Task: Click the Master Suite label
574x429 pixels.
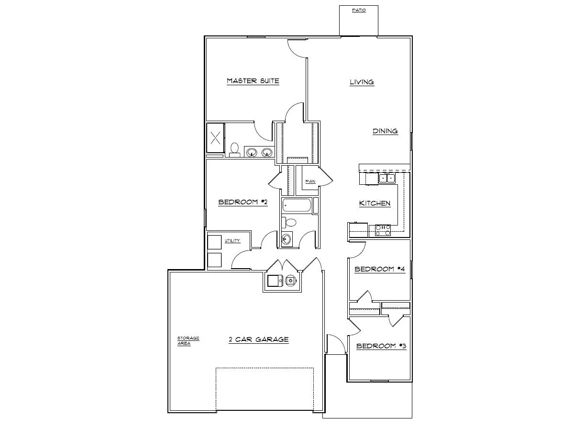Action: [x=253, y=81]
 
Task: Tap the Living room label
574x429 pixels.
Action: [x=362, y=82]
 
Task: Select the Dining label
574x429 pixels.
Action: [x=385, y=131]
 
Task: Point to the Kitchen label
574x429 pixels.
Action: [x=375, y=203]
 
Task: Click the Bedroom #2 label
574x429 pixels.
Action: [x=243, y=202]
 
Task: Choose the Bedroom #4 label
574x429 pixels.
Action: [x=380, y=269]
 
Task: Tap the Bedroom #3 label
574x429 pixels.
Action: [x=381, y=346]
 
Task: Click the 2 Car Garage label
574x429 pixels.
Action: [x=258, y=339]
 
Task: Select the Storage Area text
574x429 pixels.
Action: [x=188, y=340]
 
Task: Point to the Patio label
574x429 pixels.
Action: [x=359, y=10]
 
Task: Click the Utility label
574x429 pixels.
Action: [x=232, y=241]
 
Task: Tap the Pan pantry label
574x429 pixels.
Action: [x=310, y=181]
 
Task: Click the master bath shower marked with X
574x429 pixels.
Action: [x=215, y=138]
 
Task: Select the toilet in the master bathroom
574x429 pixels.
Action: [x=234, y=149]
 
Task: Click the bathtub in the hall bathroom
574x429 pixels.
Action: [x=297, y=206]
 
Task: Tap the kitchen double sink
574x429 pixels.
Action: [x=387, y=179]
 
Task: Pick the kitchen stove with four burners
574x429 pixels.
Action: [x=383, y=230]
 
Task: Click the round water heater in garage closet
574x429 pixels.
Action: [x=291, y=281]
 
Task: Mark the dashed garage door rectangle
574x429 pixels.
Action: [x=265, y=389]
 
